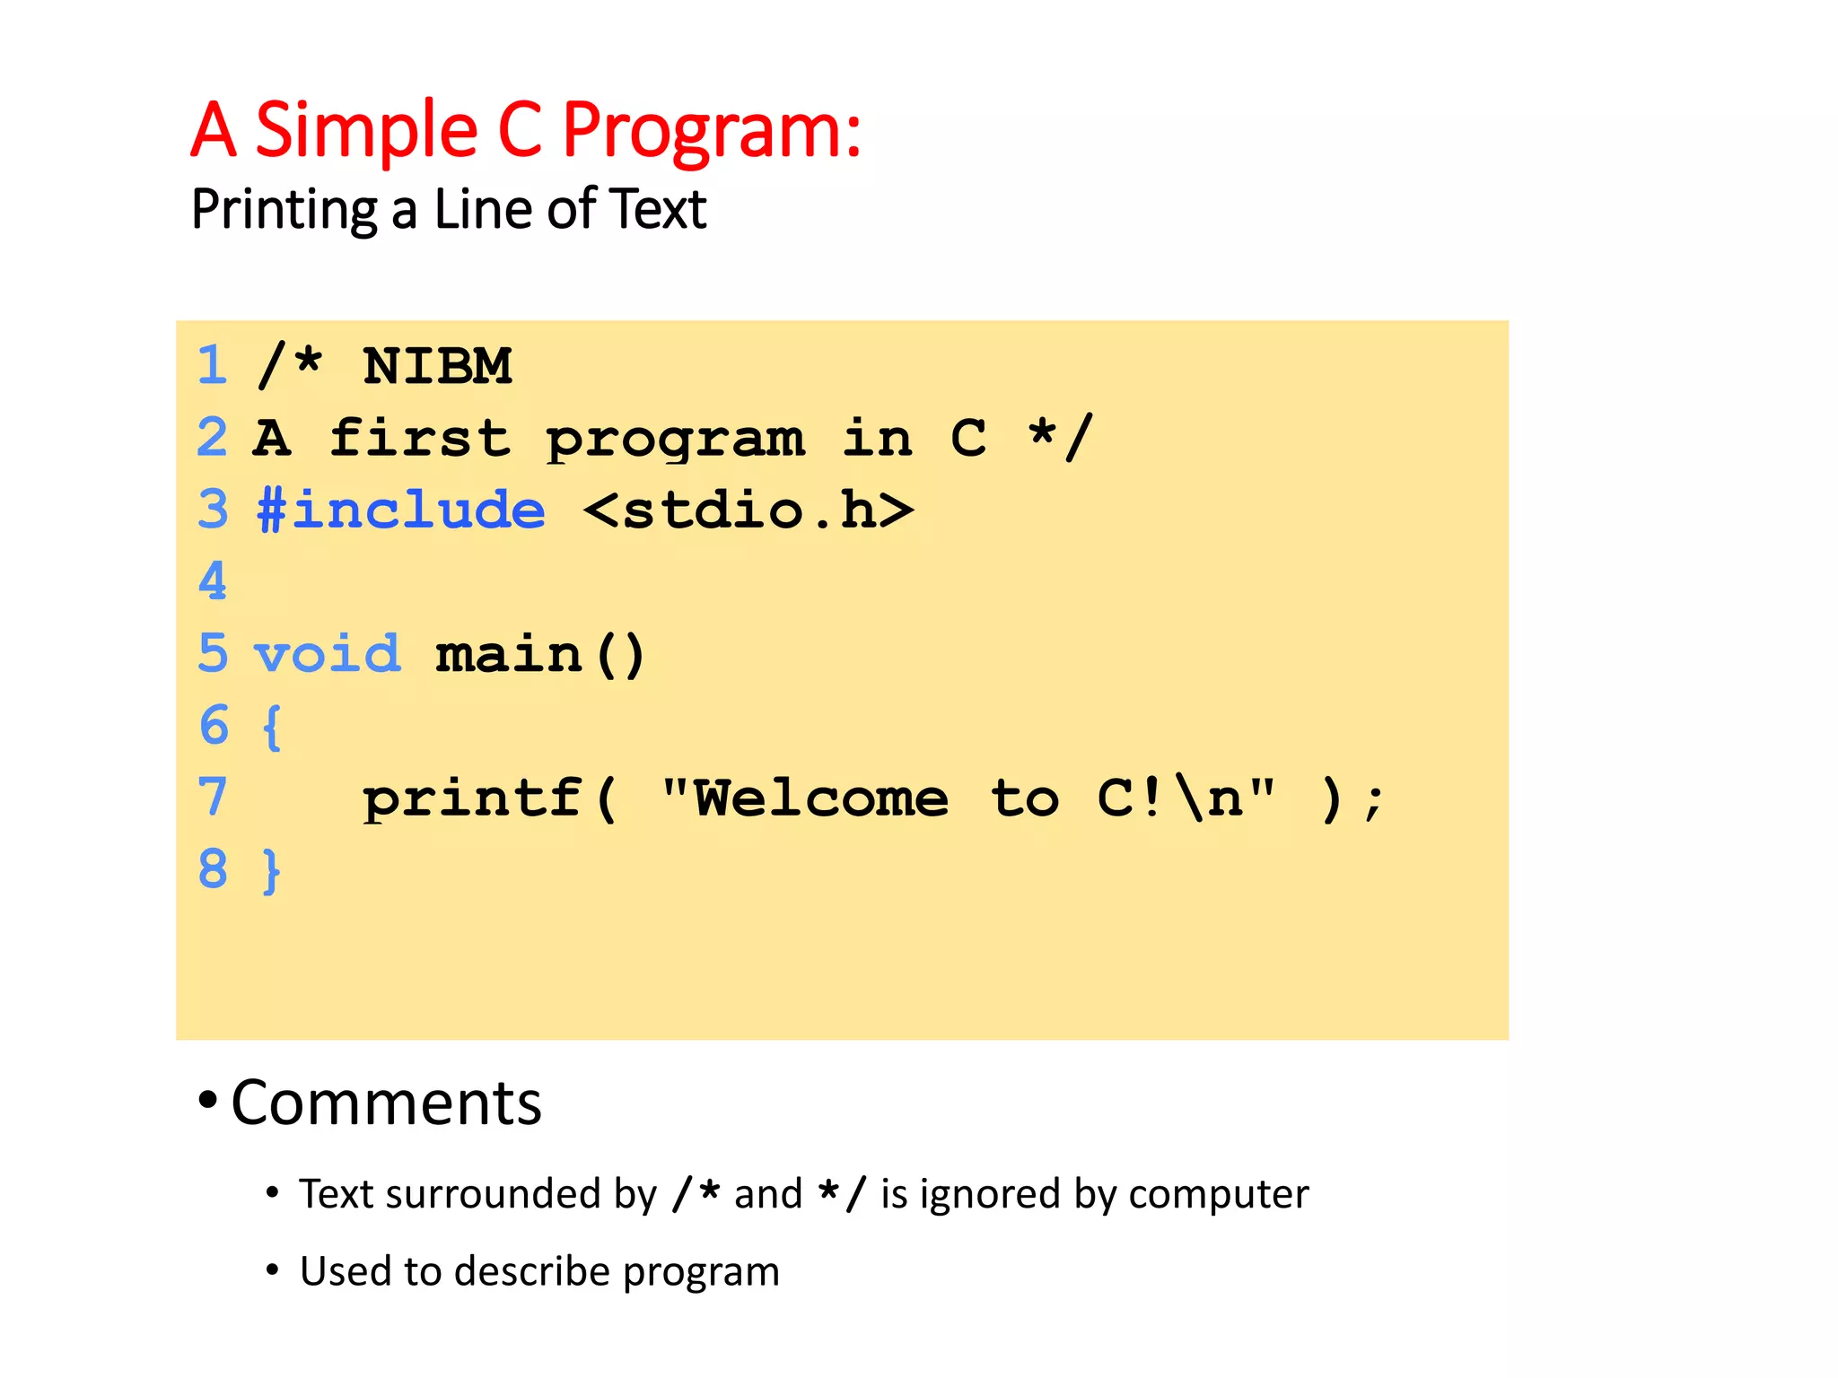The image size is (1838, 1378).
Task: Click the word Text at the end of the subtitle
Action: (659, 209)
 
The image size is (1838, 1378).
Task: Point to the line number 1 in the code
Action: (213, 366)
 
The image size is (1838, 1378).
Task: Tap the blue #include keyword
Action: (400, 510)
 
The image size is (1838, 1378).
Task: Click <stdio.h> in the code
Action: (748, 510)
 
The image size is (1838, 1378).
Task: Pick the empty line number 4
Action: (213, 581)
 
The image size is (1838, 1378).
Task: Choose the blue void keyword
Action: (327, 654)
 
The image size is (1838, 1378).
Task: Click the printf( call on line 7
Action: (490, 798)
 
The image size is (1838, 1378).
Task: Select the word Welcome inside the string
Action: (820, 798)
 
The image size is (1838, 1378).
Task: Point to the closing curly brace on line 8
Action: (271, 870)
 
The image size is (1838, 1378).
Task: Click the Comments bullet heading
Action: (386, 1103)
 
